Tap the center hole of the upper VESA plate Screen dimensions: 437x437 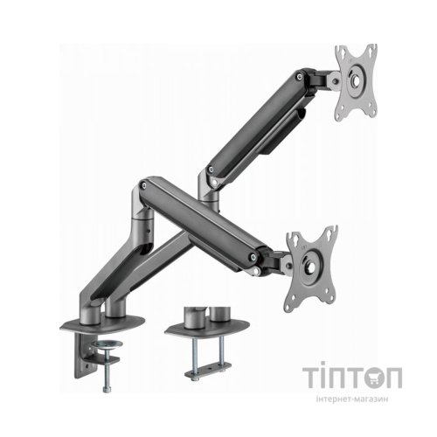click(356, 80)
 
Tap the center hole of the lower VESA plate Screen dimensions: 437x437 click(310, 267)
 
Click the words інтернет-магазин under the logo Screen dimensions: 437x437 click(352, 399)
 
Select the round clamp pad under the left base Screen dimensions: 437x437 click(107, 344)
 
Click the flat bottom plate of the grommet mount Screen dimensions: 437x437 click(208, 371)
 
